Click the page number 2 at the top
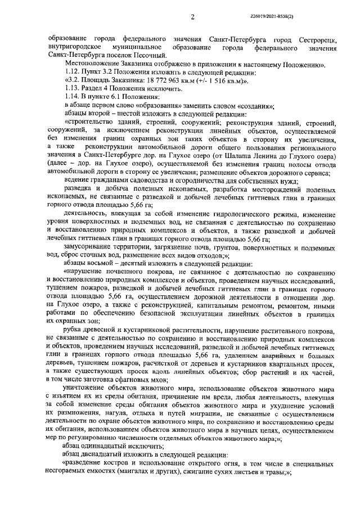[x=192, y=17]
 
